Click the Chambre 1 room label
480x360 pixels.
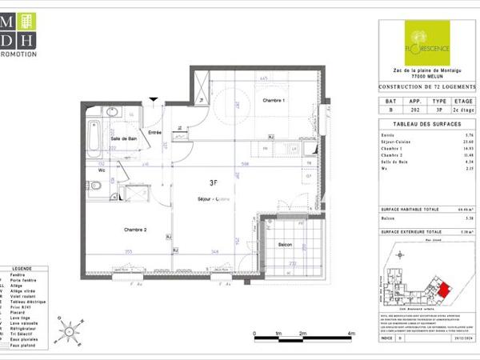(274, 100)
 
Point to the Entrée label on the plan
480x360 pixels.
(154, 132)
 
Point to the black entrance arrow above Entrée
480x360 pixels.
(154, 99)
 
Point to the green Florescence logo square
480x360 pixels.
(427, 42)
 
